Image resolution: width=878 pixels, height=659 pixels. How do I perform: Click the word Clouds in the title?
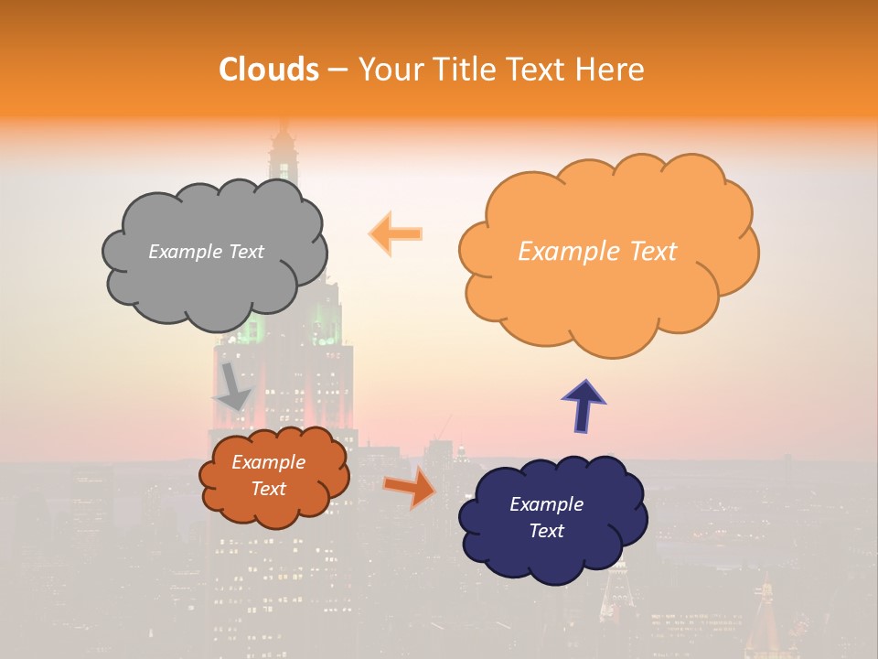(x=268, y=70)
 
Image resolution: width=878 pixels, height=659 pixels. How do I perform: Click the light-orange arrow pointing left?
(x=395, y=233)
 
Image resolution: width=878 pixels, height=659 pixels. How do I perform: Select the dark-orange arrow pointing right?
(x=410, y=488)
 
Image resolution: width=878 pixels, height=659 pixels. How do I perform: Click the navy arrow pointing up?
(x=584, y=405)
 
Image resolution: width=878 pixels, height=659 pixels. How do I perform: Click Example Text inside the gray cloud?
(x=206, y=252)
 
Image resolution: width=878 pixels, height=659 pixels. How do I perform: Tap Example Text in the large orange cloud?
(x=597, y=252)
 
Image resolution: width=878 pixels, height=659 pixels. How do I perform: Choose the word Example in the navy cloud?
(x=546, y=504)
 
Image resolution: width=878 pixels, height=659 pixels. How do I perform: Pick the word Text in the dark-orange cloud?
(x=269, y=489)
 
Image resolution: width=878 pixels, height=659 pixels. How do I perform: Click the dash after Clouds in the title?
(x=337, y=70)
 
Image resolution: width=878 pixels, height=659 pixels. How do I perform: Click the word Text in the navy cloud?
(x=546, y=531)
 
